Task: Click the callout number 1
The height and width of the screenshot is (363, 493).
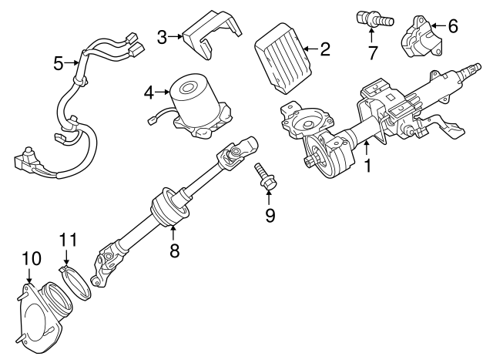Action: pos(367,166)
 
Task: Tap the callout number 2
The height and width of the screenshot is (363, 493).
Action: pos(325,49)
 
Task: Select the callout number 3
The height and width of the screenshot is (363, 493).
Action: pos(163,37)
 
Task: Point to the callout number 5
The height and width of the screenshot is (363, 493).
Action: pos(59,63)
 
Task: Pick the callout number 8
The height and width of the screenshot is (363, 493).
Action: pos(174,250)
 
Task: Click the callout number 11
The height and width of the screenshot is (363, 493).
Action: pos(69,240)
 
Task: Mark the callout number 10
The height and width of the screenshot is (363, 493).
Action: pos(32,258)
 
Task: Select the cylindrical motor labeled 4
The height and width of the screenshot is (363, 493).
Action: pos(201,105)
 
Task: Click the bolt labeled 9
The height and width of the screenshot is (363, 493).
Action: pos(263,176)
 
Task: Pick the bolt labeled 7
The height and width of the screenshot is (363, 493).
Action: pos(375,18)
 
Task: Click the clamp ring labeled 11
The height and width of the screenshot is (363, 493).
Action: pos(75,282)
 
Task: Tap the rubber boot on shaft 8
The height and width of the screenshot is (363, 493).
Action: pos(170,207)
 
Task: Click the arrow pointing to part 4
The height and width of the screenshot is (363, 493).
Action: pos(163,92)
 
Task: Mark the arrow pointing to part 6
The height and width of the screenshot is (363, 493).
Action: pos(438,25)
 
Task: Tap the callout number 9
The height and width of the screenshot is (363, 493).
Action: pos(270,215)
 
